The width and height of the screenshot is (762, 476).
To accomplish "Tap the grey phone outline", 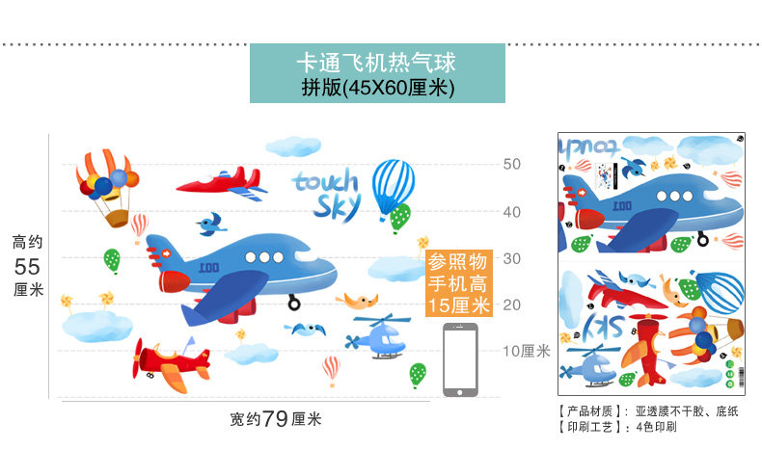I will click(460, 360).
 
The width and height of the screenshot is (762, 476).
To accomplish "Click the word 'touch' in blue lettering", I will click(326, 181).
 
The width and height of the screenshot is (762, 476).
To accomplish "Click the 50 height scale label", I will click(511, 165).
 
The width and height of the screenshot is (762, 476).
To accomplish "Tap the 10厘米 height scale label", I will click(526, 351).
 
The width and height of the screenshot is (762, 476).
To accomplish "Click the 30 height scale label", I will click(511, 258).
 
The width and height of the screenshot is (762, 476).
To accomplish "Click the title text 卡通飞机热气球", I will click(376, 64).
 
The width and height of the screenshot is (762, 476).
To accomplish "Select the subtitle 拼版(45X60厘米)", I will click(376, 87).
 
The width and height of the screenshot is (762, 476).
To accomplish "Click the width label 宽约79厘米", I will click(276, 419).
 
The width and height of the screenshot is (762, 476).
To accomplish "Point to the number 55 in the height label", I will click(28, 265).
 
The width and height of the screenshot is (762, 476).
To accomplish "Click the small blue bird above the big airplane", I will click(209, 225).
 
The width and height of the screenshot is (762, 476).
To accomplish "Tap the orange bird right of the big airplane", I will click(358, 299).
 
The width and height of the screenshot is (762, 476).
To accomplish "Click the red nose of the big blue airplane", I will click(175, 281).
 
